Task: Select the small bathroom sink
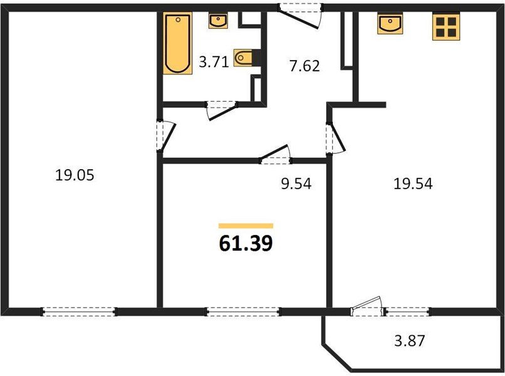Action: coord(218,21)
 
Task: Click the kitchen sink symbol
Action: coord(390,24)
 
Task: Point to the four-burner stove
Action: coord(446,27)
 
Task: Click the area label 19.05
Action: coord(74,175)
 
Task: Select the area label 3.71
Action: coord(212,62)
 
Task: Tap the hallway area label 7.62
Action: coord(304,65)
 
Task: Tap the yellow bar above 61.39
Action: coord(246,225)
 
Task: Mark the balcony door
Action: coord(367,308)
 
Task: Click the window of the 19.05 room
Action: coord(80,311)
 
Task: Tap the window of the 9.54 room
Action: coord(244,311)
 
